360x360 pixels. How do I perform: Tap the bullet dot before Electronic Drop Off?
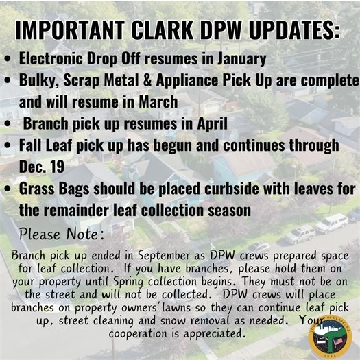click(x=8, y=59)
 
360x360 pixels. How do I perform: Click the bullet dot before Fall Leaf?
click(x=8, y=146)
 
